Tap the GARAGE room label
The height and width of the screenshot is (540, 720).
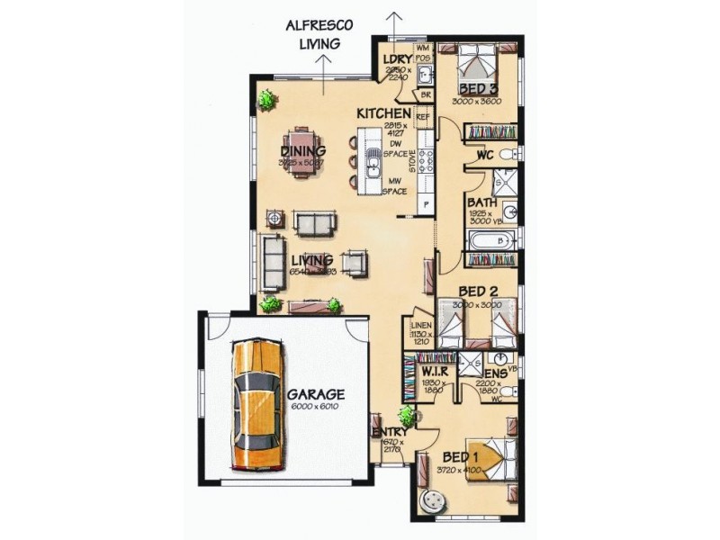tap(316, 394)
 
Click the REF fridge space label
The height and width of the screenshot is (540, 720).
tap(421, 116)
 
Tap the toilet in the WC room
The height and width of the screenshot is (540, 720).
tap(507, 154)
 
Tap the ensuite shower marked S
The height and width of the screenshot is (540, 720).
tap(469, 364)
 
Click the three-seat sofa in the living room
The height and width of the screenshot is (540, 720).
tap(272, 262)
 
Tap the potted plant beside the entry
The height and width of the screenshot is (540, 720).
tap(407, 417)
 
